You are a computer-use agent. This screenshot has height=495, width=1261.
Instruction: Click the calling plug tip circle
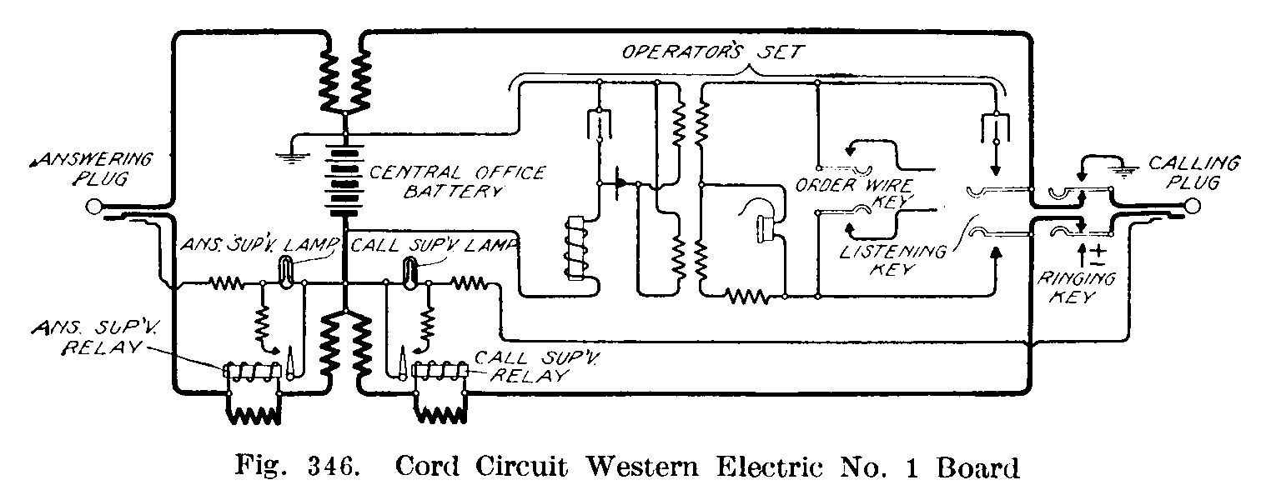tap(1194, 206)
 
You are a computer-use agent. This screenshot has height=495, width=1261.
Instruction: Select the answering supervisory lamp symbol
tap(284, 273)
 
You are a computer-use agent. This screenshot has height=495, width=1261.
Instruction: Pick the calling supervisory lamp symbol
tap(409, 273)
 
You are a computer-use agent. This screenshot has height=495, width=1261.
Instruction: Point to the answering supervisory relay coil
tap(253, 373)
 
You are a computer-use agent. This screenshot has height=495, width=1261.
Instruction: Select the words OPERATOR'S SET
tap(713, 52)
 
